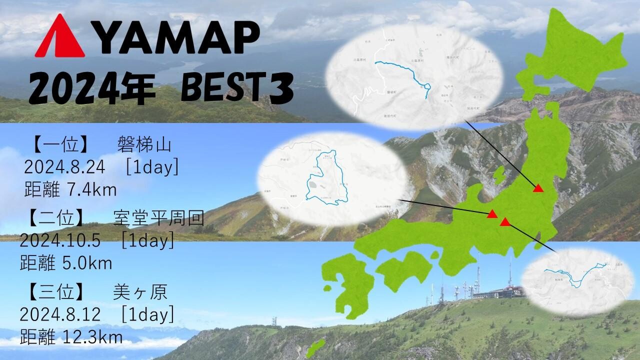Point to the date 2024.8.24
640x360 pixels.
tap(64, 167)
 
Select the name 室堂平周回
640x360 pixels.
tap(158, 218)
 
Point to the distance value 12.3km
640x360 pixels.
tap(93, 336)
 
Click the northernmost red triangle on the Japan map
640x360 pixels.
tap(538, 188)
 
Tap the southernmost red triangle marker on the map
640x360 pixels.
tap(505, 222)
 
